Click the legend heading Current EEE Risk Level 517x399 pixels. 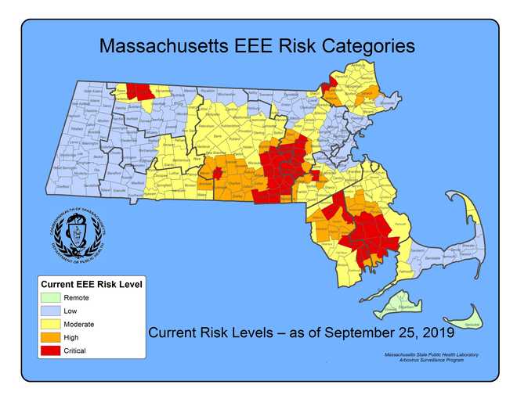(x=91, y=284)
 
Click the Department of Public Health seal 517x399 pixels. (x=75, y=234)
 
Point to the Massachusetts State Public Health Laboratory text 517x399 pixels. (x=427, y=355)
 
